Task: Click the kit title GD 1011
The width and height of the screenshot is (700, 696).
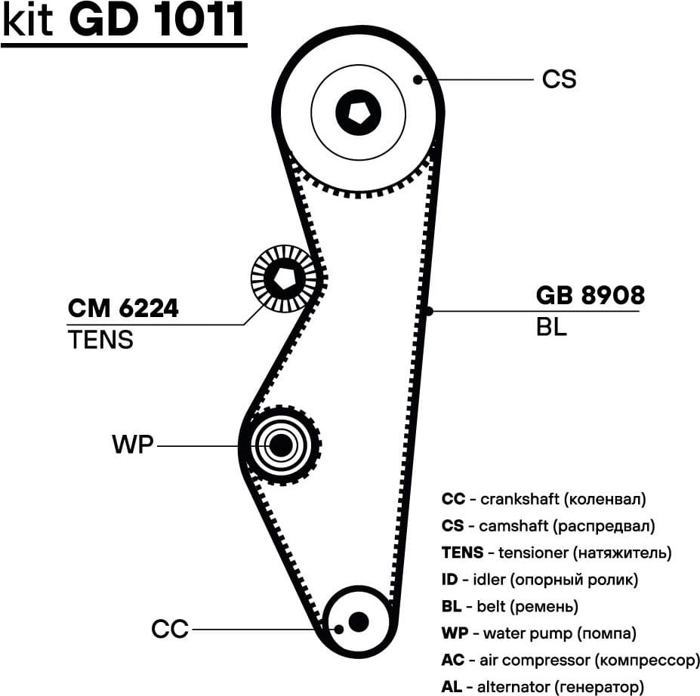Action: click(x=124, y=22)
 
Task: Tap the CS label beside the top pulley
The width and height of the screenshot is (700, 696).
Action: click(x=559, y=79)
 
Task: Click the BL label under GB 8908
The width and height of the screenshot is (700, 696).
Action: click(x=551, y=328)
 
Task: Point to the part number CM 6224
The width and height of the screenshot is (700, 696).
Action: click(x=123, y=308)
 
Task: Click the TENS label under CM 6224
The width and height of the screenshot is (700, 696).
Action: click(x=100, y=340)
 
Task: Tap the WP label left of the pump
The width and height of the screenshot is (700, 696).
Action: click(x=132, y=445)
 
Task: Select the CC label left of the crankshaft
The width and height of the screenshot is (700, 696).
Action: click(x=170, y=629)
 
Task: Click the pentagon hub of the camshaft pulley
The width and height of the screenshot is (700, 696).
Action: click(x=357, y=111)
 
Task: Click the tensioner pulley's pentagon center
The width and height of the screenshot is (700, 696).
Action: click(x=285, y=279)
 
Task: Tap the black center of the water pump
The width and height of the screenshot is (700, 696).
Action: click(x=281, y=445)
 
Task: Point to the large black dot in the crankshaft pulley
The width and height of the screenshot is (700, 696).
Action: click(x=359, y=621)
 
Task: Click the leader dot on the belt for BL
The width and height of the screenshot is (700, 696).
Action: click(x=427, y=310)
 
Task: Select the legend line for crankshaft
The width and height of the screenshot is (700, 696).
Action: click(x=544, y=499)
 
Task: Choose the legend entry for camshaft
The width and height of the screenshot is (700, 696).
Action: click(x=548, y=525)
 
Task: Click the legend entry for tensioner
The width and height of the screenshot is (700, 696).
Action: click(x=557, y=553)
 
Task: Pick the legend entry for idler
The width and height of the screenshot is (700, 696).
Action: click(x=540, y=580)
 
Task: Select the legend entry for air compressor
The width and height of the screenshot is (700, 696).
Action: click(x=570, y=661)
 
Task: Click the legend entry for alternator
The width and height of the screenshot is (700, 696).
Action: click(x=543, y=687)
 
